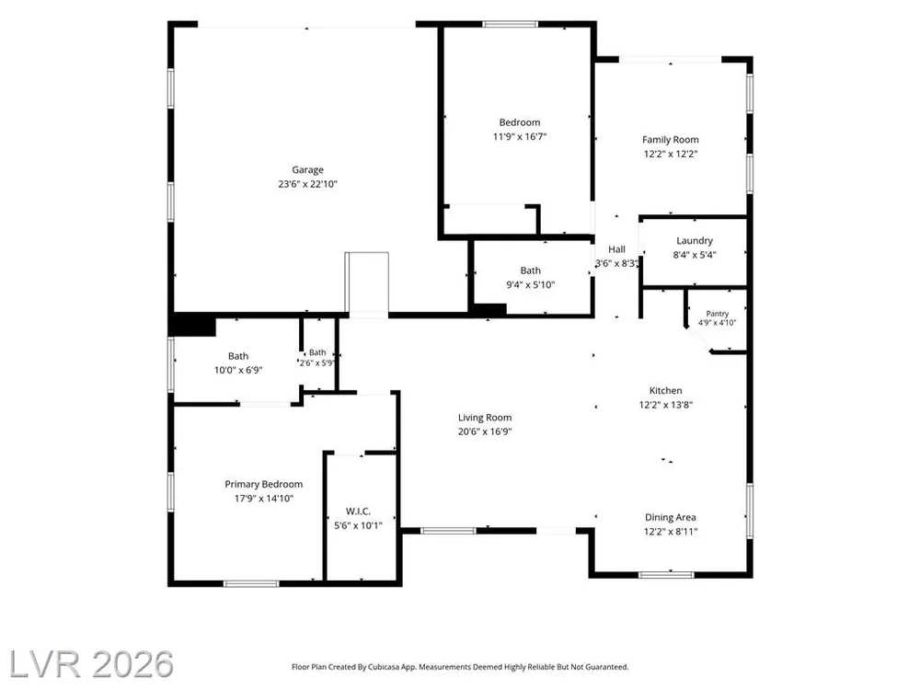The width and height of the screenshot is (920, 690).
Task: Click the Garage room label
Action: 307,169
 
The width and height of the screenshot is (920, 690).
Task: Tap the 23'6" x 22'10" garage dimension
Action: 307,184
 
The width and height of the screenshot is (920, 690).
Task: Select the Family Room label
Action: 670,140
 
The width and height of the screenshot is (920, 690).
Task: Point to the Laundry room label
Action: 694,240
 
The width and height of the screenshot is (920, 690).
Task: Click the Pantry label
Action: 717,314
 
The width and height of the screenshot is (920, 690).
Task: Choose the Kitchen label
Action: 665,390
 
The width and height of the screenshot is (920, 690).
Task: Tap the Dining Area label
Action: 670,517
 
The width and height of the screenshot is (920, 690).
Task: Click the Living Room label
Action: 485,417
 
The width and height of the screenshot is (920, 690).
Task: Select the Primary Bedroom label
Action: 263,484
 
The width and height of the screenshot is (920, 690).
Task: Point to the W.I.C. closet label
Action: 358,511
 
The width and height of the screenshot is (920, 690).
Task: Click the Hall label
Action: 616,249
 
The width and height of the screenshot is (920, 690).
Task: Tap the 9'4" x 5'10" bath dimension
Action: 531,284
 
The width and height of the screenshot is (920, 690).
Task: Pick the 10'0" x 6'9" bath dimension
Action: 238,370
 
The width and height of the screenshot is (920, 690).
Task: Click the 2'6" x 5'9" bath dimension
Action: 316,362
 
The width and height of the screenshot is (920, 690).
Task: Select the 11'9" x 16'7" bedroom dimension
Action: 520,137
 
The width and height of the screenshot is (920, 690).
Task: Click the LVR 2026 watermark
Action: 91,664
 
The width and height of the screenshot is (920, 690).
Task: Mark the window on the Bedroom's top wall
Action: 510,24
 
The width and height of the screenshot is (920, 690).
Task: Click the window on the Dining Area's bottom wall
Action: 666,574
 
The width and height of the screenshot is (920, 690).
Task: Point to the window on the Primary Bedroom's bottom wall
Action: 251,583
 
